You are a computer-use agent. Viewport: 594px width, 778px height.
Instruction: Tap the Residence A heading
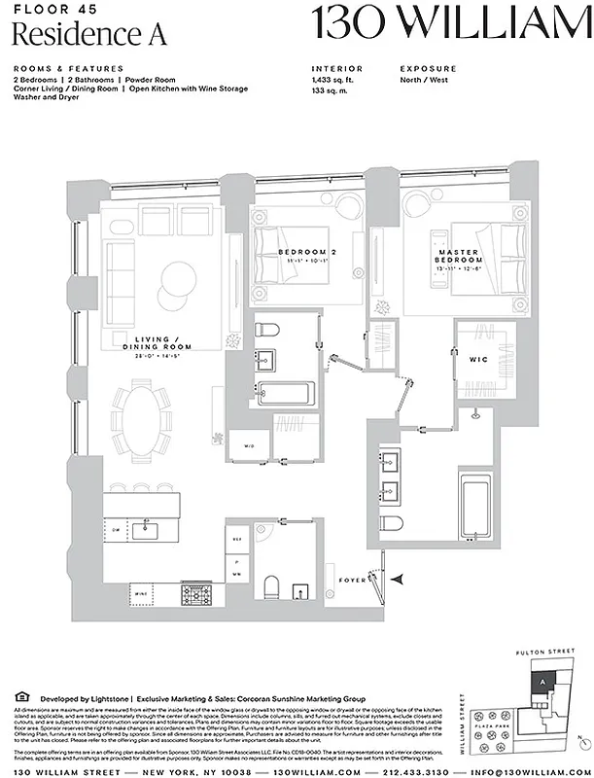click(90, 34)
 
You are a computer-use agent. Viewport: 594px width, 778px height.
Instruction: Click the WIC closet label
click(479, 361)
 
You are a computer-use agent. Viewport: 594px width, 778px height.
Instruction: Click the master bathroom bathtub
click(477, 505)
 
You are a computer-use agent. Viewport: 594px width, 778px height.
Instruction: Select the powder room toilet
click(272, 584)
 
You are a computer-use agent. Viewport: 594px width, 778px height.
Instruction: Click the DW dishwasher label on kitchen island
click(115, 530)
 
